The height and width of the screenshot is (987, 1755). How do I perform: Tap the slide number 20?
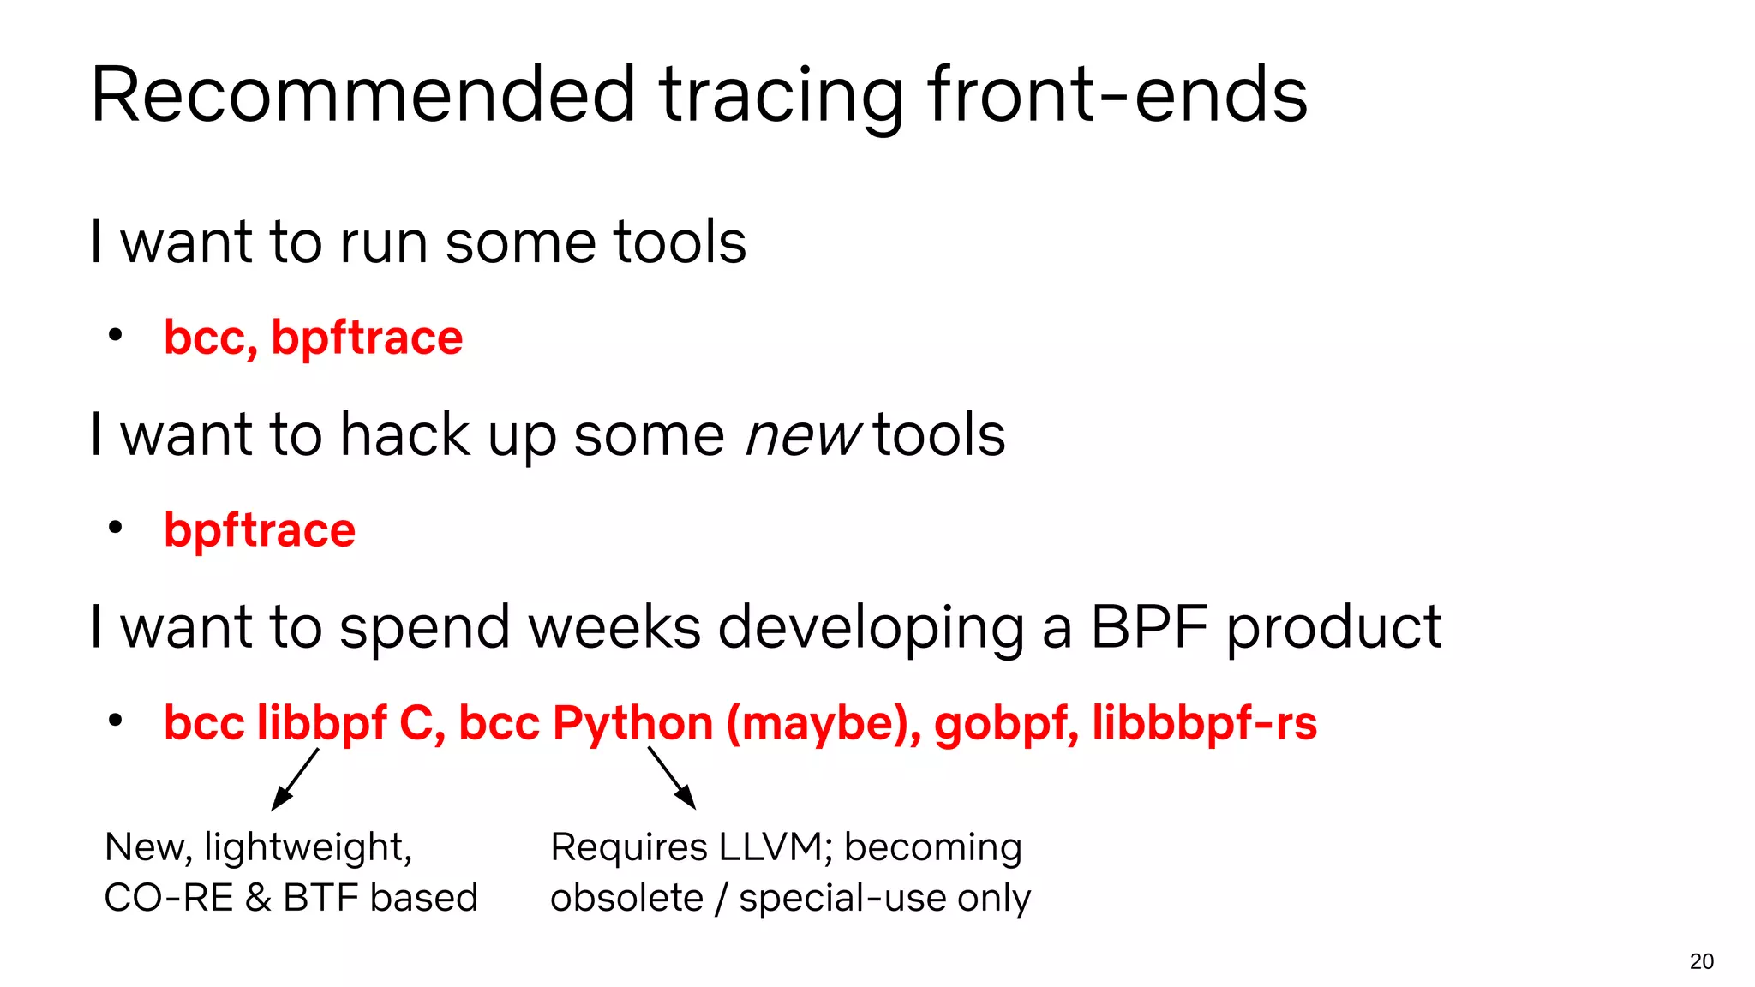1701,961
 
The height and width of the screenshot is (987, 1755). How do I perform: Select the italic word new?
802,435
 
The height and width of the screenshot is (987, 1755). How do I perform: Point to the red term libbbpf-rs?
1204,722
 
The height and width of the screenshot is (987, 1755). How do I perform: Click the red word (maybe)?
824,722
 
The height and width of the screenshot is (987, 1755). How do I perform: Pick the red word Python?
632,722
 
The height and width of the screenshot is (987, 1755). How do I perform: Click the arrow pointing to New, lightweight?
294,779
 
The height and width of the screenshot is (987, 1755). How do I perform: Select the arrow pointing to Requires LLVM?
672,778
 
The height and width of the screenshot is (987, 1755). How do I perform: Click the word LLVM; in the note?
776,847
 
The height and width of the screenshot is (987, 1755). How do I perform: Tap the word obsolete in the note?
626,898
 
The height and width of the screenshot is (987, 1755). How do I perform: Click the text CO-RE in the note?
168,898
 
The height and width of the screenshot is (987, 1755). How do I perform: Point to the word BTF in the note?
321,898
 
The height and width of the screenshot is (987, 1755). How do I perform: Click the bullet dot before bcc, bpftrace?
116,335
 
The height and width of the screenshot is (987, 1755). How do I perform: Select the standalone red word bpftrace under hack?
260,530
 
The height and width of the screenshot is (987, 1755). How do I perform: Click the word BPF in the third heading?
1151,627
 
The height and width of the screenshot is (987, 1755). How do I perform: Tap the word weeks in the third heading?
614,627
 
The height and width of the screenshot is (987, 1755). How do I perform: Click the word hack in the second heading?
404,435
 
